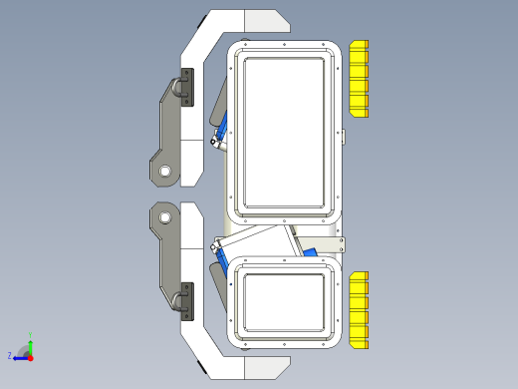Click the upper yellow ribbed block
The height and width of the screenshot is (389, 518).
359,79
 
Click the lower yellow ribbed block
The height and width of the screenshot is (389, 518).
359,309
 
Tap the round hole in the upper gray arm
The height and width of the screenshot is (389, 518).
164,172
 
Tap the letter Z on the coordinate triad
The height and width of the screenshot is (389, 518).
10,355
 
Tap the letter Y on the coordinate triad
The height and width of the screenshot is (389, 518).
31,334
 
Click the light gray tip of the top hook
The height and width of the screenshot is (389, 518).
265,20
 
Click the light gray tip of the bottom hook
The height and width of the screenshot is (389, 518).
265,368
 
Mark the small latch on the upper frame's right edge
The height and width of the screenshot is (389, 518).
341,134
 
